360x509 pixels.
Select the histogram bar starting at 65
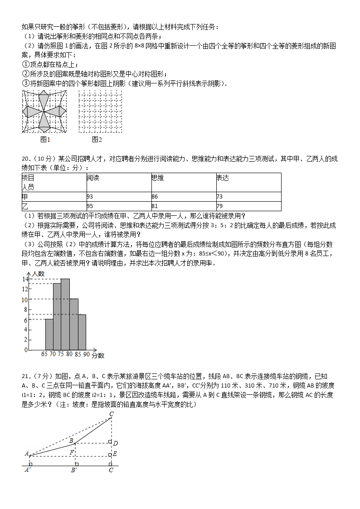[x=49, y=334]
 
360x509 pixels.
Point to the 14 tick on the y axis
[x=25, y=279]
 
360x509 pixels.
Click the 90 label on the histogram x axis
[x=86, y=354]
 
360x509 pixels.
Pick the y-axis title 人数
[x=38, y=273]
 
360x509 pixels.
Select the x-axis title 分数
[x=98, y=355]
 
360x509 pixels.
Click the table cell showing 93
[x=90, y=197]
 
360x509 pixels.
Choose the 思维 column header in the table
[x=157, y=178]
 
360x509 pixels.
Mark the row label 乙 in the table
[x=25, y=207]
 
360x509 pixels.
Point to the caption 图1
[x=45, y=139]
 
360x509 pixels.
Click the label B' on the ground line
[x=74, y=470]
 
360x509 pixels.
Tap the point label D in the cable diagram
[x=116, y=443]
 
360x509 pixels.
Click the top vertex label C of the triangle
[x=111, y=413]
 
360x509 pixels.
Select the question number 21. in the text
[x=27, y=376]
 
